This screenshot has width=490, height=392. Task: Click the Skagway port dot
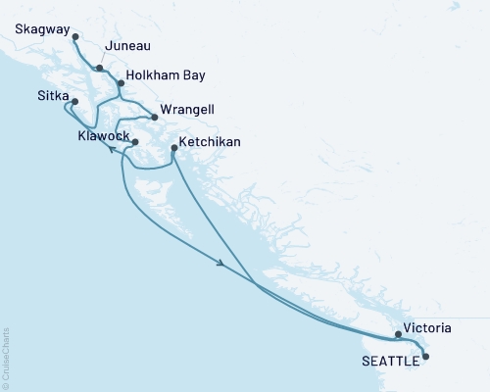[x=75, y=36]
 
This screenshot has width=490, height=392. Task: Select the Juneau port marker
[x=100, y=68]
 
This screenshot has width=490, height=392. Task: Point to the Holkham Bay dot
[x=121, y=84]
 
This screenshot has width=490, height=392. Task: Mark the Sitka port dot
[x=74, y=100]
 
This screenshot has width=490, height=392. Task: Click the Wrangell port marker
[x=154, y=118]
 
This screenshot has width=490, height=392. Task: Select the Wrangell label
[x=189, y=109]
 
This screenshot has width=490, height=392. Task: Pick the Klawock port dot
[x=135, y=143]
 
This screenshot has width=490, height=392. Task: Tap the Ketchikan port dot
[x=173, y=149]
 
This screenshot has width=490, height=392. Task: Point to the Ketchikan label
[x=210, y=142]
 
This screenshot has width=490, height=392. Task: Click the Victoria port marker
[x=398, y=334]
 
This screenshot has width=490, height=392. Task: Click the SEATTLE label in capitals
[x=392, y=360]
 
